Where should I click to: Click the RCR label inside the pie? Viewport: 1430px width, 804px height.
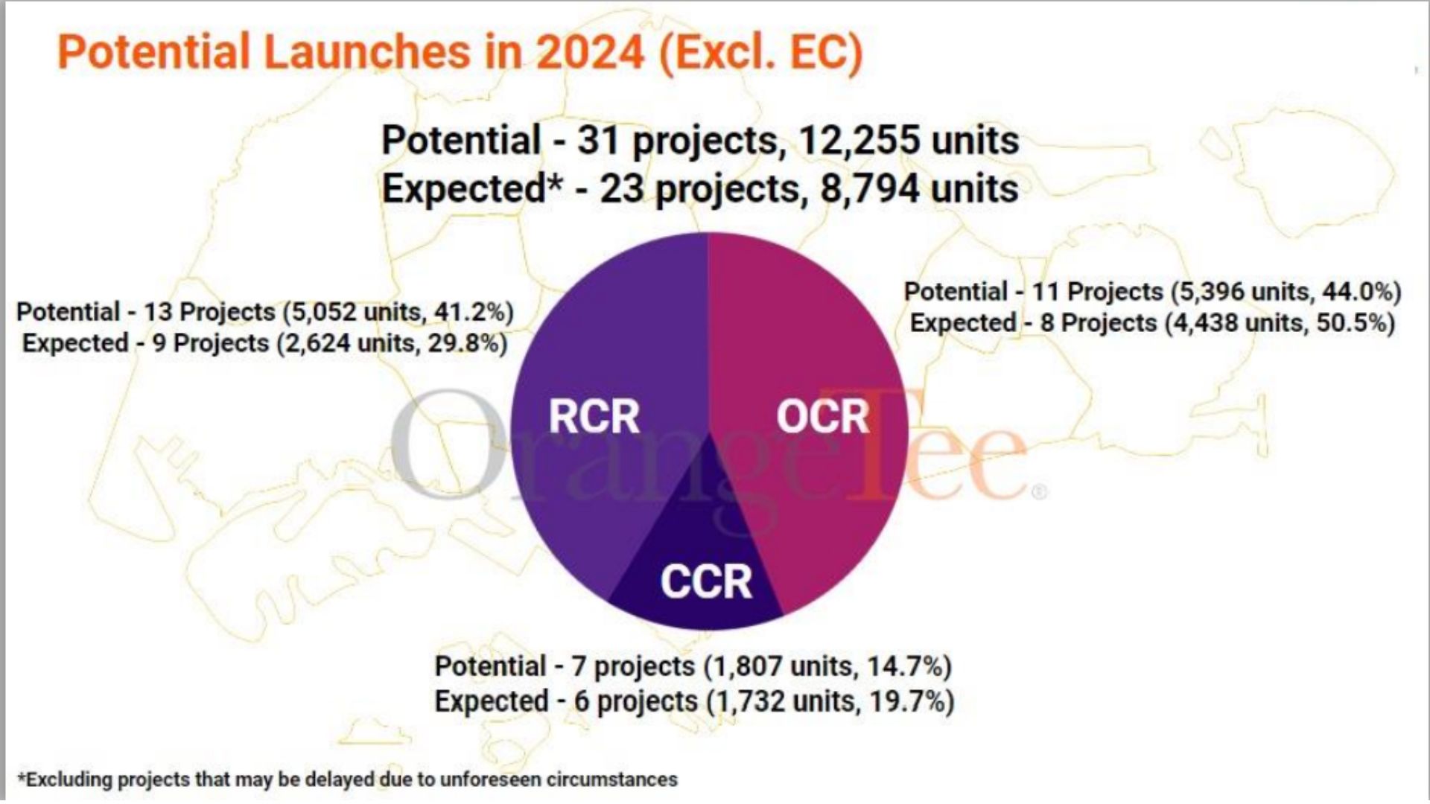coord(594,416)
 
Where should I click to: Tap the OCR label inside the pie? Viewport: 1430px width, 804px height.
coord(823,416)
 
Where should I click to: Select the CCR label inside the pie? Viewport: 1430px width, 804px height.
coord(706,581)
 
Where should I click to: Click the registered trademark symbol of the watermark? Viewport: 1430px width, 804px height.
coord(1040,492)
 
